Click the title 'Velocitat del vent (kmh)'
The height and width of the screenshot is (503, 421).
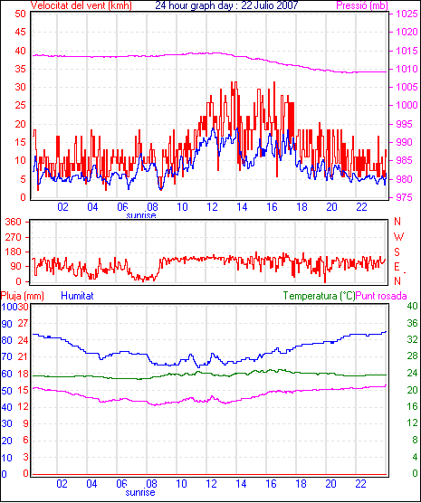[81, 5]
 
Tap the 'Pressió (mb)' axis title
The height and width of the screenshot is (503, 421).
[362, 5]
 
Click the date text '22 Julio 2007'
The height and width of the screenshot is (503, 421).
[270, 5]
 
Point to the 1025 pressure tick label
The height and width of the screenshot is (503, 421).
[407, 14]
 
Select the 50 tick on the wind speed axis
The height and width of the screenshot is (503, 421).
[20, 14]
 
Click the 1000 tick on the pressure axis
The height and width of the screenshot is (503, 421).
[407, 105]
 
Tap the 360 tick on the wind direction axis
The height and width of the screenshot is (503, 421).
[14, 222]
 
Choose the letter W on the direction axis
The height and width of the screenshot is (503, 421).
[398, 237]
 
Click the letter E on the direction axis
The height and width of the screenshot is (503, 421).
[397, 267]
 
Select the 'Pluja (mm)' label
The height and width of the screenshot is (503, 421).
[22, 296]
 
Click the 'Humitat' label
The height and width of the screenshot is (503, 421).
[77, 296]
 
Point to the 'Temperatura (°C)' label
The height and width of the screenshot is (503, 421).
[319, 296]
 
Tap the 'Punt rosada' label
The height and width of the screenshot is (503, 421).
[381, 296]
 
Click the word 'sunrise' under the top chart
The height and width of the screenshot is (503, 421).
[141, 215]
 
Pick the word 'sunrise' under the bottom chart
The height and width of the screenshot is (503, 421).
[140, 492]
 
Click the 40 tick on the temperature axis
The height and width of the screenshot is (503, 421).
[412, 306]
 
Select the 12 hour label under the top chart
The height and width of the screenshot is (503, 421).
[212, 207]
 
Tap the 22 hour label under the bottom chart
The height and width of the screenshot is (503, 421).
[361, 483]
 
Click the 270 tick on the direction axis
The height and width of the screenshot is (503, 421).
[14, 237]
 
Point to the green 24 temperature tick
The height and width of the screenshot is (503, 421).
[412, 373]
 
